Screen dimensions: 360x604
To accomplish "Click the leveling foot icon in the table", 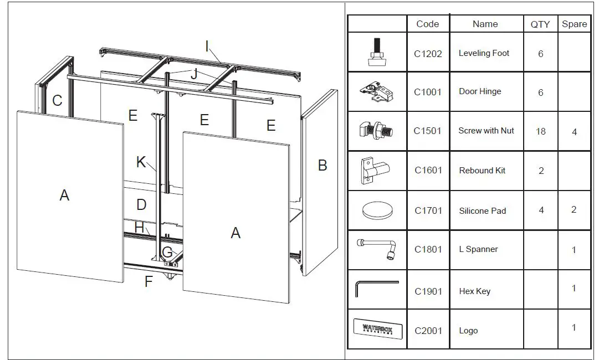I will (x=376, y=53).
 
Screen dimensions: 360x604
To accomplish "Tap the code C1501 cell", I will (x=428, y=131).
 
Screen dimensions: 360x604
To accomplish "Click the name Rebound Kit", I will (x=482, y=171).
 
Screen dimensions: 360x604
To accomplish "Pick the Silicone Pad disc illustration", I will (x=377, y=211).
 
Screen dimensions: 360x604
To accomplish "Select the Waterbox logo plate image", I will (x=377, y=328).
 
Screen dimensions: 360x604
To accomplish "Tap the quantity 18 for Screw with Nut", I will (x=541, y=132).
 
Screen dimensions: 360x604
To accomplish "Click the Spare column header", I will (x=574, y=24).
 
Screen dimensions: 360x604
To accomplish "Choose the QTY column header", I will (x=540, y=24).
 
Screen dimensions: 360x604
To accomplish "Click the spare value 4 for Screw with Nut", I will (x=574, y=132).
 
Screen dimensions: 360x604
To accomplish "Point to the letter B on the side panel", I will (x=323, y=165).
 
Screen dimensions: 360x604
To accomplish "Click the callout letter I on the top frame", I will (x=207, y=47).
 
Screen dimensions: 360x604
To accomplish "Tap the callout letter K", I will (x=141, y=162).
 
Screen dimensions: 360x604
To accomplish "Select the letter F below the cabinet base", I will (x=149, y=281).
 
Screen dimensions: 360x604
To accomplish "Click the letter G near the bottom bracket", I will (x=167, y=253).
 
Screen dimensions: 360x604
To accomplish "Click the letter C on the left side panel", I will (x=57, y=101).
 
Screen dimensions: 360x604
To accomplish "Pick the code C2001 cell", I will (x=428, y=331).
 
